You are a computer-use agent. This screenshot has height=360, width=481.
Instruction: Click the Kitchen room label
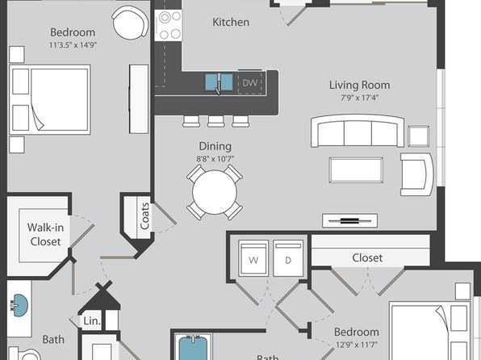click(x=231, y=22)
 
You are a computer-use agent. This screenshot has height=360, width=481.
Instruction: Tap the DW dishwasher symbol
click(x=250, y=82)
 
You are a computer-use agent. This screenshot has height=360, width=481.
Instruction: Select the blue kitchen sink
click(x=219, y=82)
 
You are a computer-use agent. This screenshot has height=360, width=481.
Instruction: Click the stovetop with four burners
click(x=168, y=25)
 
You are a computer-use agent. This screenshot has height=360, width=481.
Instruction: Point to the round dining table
click(x=215, y=192)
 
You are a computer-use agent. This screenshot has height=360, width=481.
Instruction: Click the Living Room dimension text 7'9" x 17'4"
click(x=359, y=98)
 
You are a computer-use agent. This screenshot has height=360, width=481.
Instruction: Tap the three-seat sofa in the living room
click(x=358, y=131)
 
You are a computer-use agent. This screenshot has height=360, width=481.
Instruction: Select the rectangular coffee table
click(x=356, y=170)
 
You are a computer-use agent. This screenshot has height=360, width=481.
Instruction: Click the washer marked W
click(x=253, y=258)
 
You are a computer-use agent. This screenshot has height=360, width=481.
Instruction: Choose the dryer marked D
click(x=288, y=258)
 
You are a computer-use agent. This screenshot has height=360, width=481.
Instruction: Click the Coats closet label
click(x=144, y=216)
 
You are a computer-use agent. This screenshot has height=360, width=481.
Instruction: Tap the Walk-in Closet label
click(x=45, y=234)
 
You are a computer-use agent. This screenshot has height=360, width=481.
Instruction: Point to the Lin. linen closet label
click(x=92, y=321)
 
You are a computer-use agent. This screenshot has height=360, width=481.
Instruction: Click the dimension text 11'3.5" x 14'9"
click(x=73, y=45)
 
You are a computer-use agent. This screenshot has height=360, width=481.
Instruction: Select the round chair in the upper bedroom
click(x=130, y=23)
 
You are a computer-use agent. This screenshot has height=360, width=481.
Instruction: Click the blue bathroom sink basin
click(x=19, y=306)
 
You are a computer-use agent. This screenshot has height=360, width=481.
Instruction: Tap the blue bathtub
click(x=193, y=349)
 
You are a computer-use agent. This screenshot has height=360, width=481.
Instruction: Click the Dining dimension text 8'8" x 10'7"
click(x=215, y=159)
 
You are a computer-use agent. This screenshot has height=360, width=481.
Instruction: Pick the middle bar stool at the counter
click(x=215, y=121)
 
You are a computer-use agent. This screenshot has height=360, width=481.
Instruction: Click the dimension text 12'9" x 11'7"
click(x=356, y=345)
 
